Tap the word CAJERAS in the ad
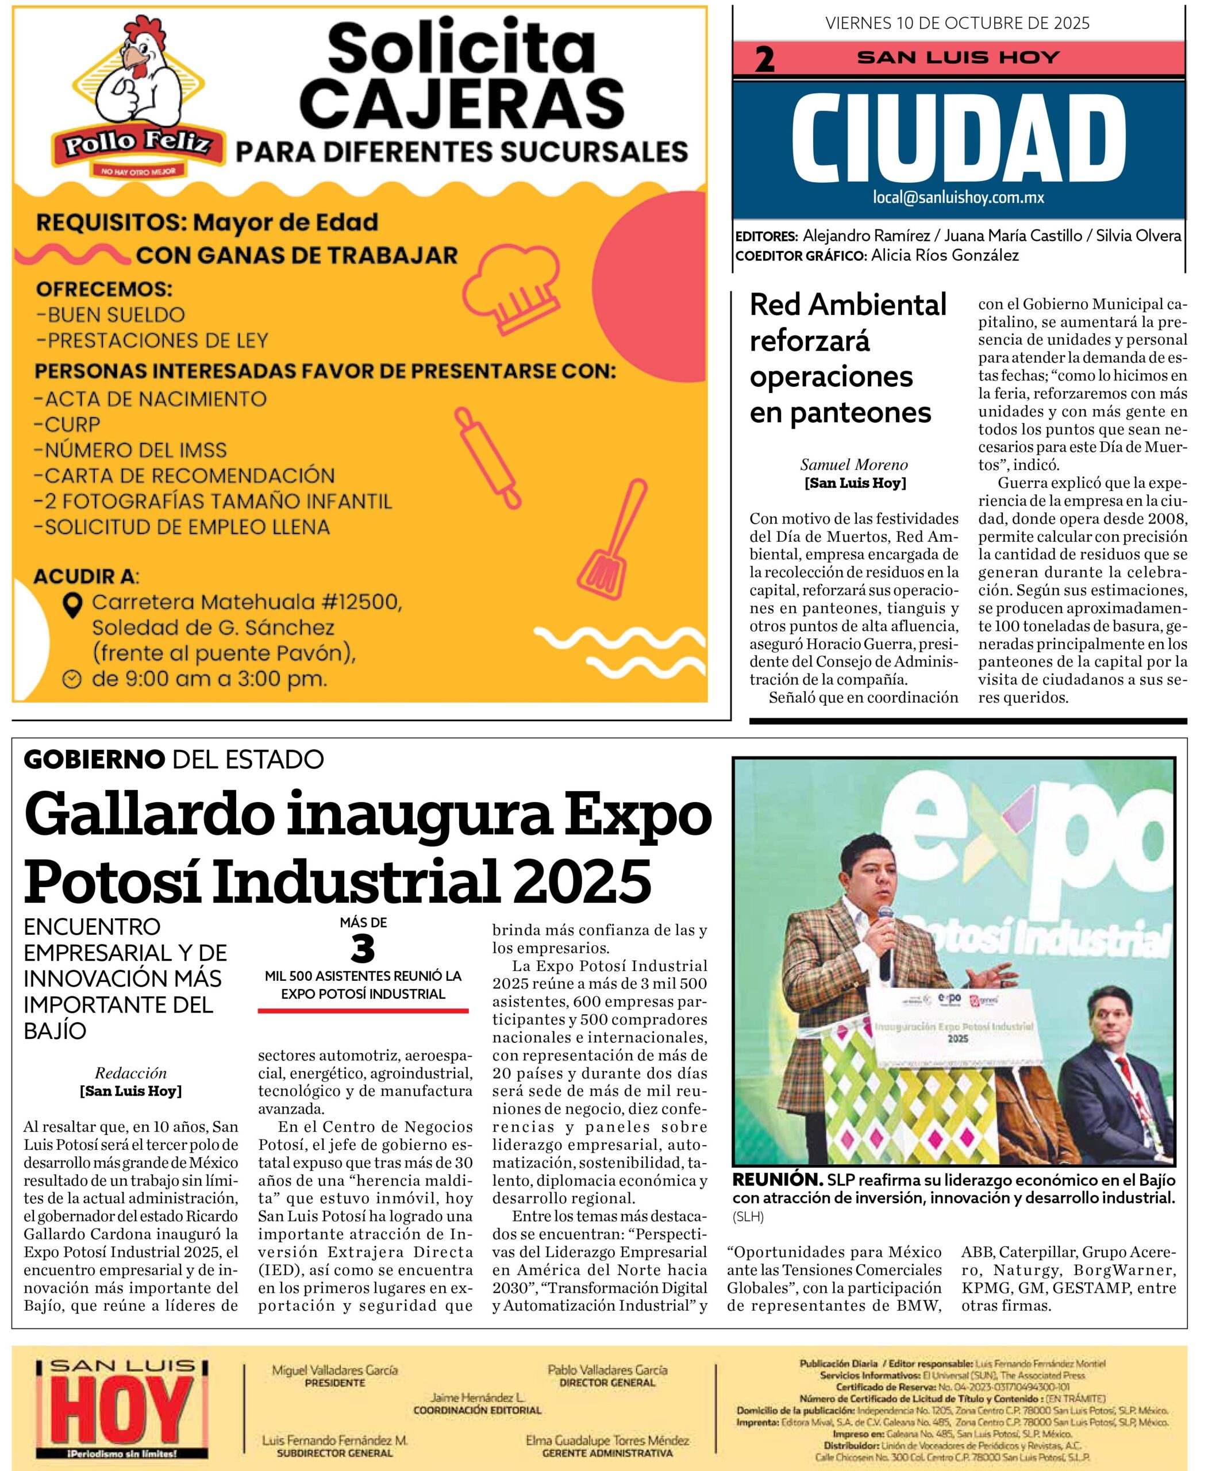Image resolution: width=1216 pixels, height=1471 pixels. tap(461, 102)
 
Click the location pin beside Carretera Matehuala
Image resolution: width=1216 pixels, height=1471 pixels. tap(72, 604)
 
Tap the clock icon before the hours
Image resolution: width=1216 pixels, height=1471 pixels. tap(72, 679)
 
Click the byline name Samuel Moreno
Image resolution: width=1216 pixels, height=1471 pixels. tap(854, 464)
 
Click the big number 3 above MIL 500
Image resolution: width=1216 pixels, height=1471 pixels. tap(363, 950)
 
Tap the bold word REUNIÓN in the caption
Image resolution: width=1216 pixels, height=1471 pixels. tap(777, 1179)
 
